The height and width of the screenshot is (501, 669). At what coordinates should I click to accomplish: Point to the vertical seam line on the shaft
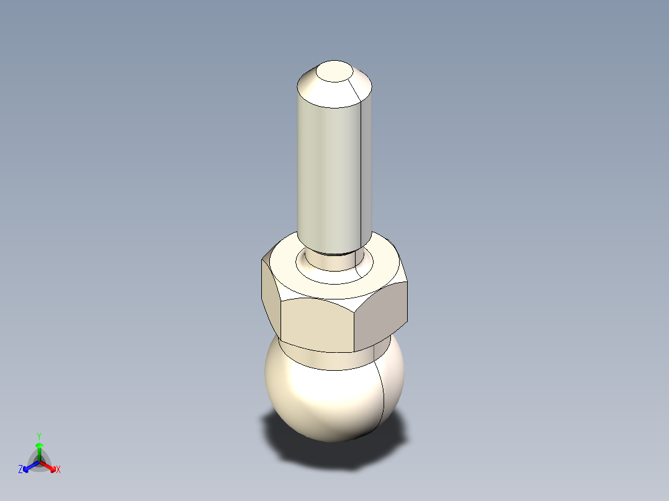point(361,174)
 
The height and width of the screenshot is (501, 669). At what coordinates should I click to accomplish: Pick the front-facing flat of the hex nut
point(317,322)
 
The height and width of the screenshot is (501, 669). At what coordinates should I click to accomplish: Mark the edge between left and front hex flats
point(281,316)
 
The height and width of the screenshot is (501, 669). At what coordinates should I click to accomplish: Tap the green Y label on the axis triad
point(39,436)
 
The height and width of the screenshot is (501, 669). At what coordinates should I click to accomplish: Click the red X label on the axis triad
point(58,470)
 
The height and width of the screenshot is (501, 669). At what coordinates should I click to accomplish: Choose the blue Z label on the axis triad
point(20,470)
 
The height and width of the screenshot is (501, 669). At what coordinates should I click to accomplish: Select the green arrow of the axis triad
point(39,449)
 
